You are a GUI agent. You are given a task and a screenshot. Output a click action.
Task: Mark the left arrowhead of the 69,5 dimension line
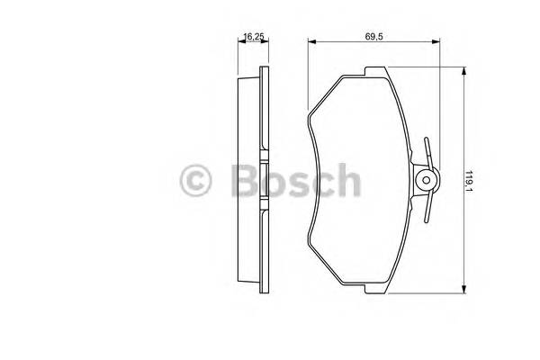(x=312, y=42)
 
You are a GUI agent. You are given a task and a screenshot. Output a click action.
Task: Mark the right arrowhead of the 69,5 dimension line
(x=436, y=42)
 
